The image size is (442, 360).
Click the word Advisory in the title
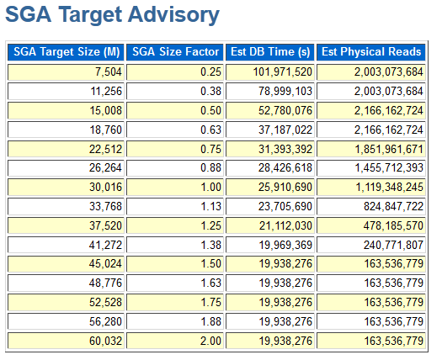[x=173, y=15]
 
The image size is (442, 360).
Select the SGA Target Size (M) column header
[x=66, y=52]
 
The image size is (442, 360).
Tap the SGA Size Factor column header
[x=175, y=52]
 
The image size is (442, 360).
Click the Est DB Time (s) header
[x=269, y=52]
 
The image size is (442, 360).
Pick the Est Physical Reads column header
[x=371, y=52]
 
